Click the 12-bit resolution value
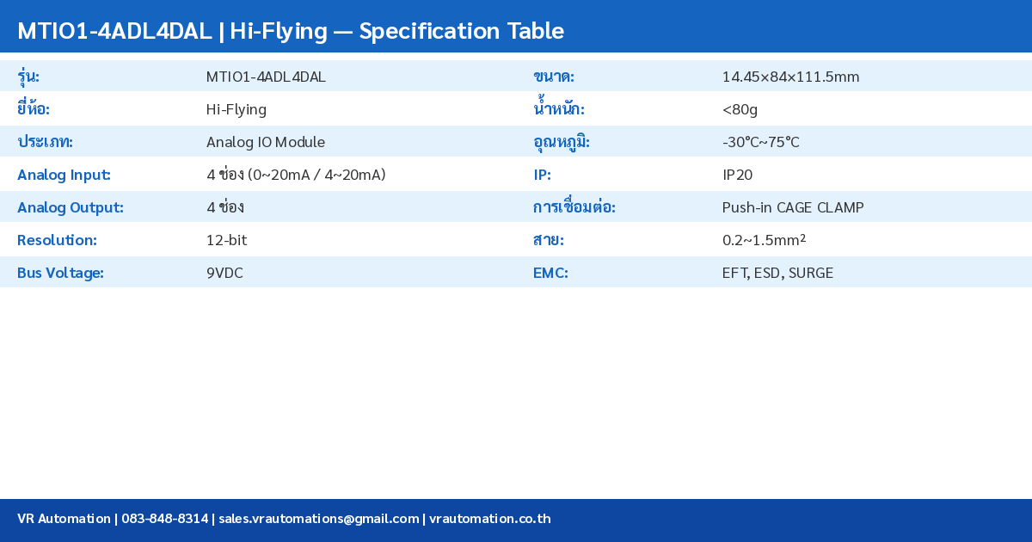coord(226,240)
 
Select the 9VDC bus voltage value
coord(224,273)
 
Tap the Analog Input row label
coord(64,175)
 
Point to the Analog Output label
coord(71,207)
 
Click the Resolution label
coord(57,240)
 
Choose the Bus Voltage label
coord(60,273)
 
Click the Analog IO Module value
coord(266,142)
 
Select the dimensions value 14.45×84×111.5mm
coord(790,77)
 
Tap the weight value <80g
coord(740,109)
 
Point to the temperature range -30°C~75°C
coord(760,142)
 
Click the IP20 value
coord(737,175)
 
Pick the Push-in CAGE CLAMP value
coord(793,207)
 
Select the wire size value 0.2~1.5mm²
coord(764,240)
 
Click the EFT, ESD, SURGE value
coord(777,273)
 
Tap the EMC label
coord(550,273)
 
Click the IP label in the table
coord(542,175)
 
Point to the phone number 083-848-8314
coord(164,519)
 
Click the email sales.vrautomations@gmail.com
coord(318,519)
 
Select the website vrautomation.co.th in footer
coord(489,519)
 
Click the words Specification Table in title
coord(462,31)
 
